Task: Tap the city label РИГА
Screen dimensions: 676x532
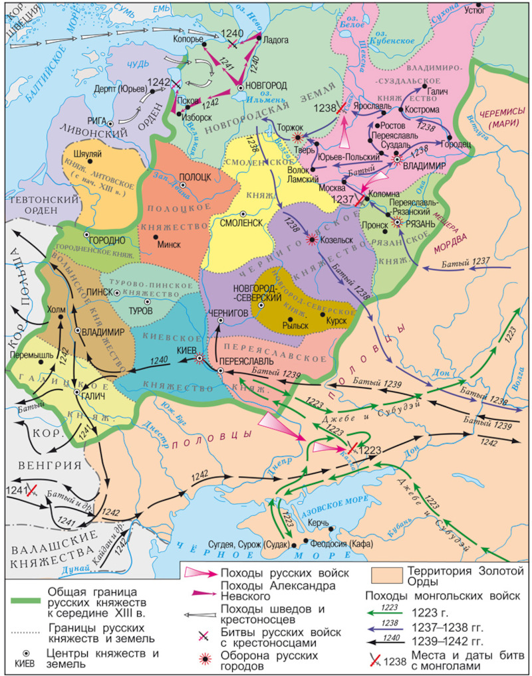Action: (96, 120)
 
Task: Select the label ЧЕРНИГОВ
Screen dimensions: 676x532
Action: (227, 311)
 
